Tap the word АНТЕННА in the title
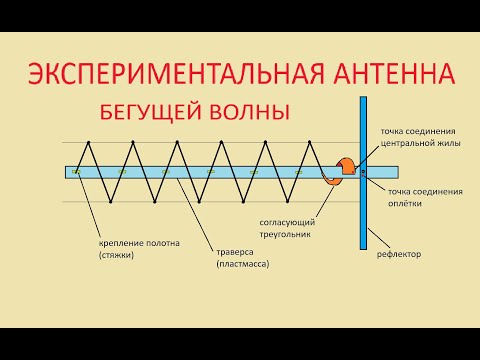click(x=393, y=75)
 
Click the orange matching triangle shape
click(x=348, y=168)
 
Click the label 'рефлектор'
click(x=398, y=254)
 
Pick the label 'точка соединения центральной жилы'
click(x=419, y=137)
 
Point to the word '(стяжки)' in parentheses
click(x=116, y=255)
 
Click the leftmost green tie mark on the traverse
click(x=76, y=171)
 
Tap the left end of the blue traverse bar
click(x=68, y=171)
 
